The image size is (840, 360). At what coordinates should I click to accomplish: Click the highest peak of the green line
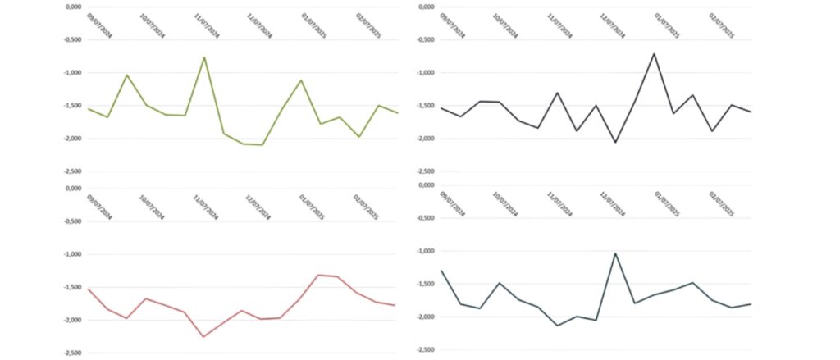click(204, 57)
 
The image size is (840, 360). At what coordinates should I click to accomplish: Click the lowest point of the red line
click(203, 336)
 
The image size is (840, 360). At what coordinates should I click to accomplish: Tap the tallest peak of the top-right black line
click(654, 53)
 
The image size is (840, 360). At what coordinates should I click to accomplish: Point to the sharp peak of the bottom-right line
click(615, 253)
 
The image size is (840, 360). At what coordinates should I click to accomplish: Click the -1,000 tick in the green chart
click(72, 73)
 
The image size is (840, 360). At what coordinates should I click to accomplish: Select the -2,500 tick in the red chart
click(72, 353)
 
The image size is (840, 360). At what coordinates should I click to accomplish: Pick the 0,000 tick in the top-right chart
click(426, 7)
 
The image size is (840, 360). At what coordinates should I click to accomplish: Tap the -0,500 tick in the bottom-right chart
click(426, 218)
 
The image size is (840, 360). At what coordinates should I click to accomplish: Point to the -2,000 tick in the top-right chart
click(426, 139)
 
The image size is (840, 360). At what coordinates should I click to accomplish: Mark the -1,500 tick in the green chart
click(72, 106)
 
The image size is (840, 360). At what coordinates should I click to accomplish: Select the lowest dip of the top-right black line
click(615, 143)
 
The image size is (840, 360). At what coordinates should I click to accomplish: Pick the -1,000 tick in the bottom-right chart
click(426, 251)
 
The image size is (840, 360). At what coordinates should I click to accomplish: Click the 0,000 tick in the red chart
click(72, 189)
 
